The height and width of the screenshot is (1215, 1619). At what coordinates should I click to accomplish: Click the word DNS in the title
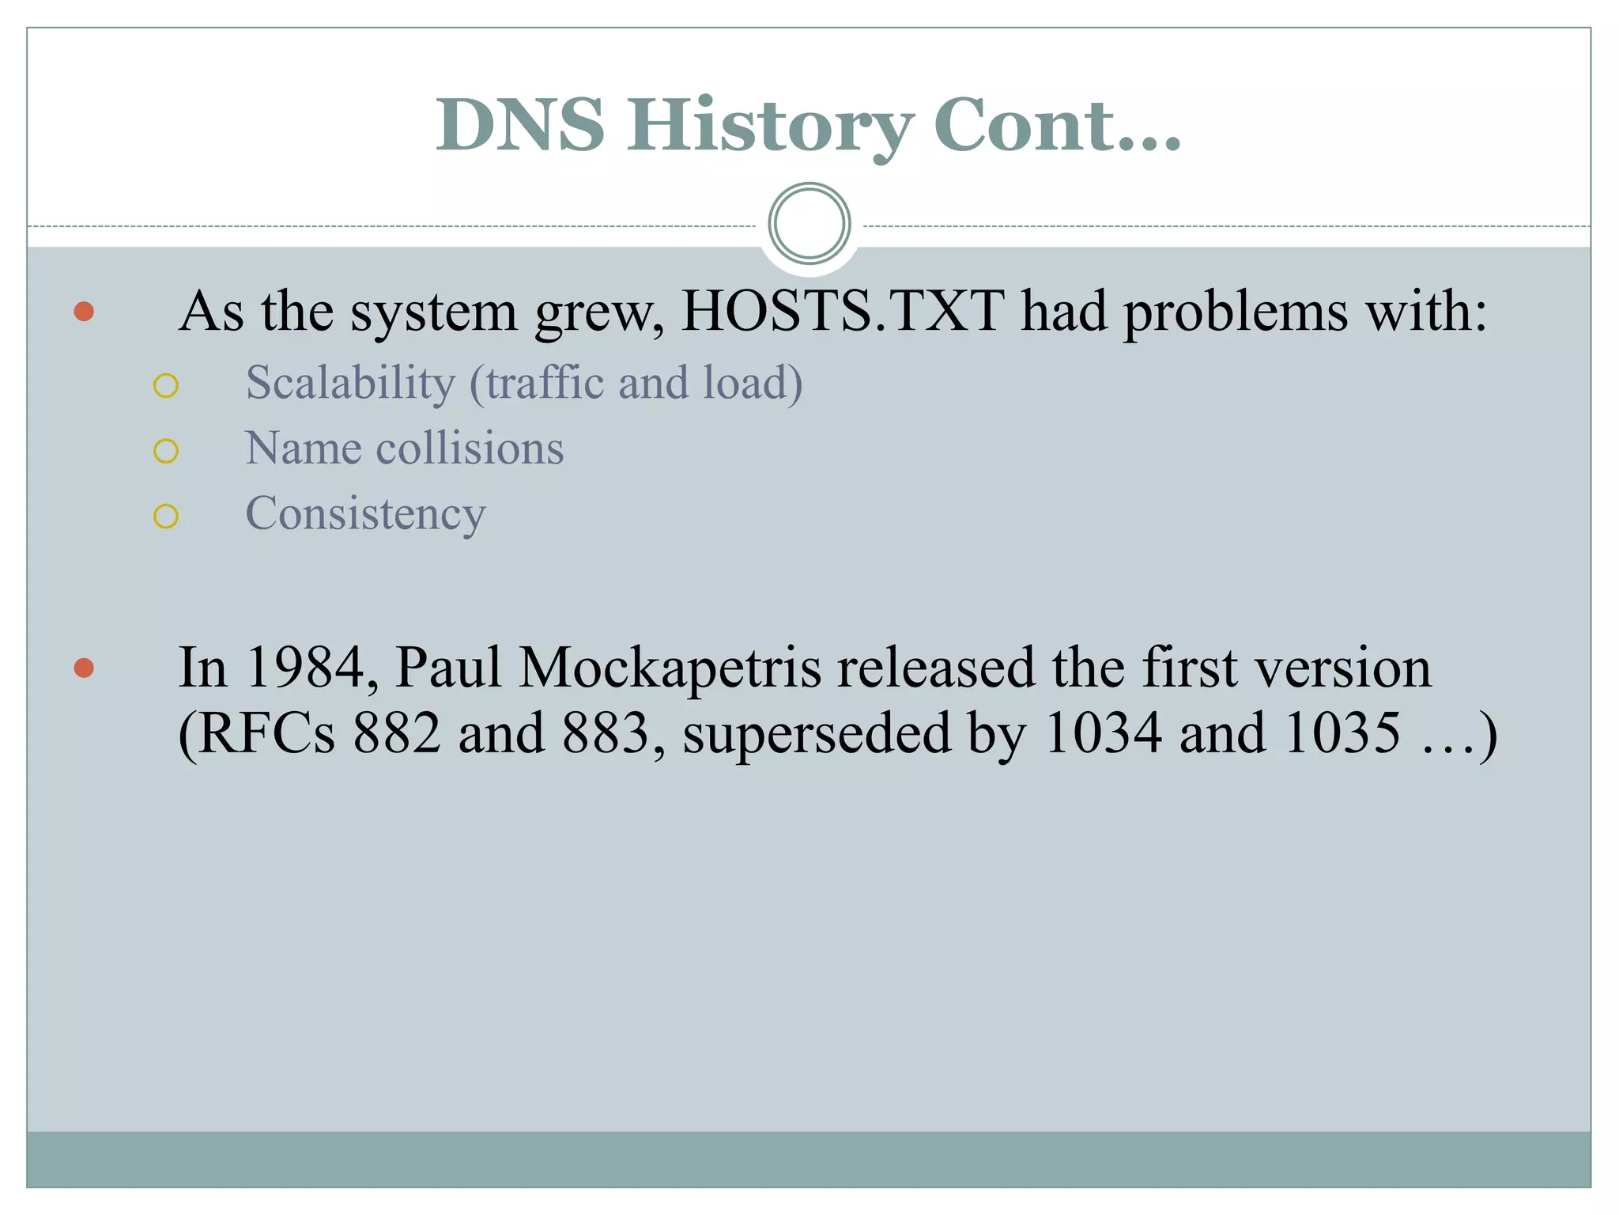coord(520,125)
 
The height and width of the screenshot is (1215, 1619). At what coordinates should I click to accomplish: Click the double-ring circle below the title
coord(809,224)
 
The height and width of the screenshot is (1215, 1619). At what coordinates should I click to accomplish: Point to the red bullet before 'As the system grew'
coord(84,311)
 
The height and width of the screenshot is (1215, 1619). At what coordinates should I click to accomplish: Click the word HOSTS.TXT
coord(843,311)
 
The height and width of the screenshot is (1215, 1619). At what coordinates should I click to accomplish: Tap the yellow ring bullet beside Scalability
coord(166,386)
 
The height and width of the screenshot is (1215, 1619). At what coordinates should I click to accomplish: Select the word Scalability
coord(350,384)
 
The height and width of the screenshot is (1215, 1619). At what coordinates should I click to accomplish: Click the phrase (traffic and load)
coord(636,384)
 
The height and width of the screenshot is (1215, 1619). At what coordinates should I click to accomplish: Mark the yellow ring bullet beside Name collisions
coord(166,451)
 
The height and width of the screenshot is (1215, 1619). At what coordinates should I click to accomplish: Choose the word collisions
coord(470,449)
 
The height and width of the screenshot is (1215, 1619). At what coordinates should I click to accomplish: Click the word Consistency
coord(365,514)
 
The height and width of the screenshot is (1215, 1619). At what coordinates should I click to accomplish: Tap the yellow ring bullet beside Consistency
coord(166,517)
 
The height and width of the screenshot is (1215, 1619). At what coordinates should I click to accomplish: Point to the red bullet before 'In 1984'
coord(84,668)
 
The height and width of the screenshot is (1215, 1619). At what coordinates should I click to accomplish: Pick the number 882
coord(396,733)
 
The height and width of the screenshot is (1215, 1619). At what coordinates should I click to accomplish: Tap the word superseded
coord(817,733)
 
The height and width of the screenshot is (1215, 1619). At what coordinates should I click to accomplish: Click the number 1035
coord(1342,733)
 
